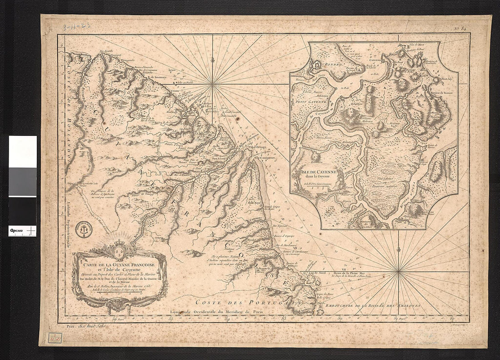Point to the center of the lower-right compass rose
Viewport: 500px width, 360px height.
(x=399, y=272)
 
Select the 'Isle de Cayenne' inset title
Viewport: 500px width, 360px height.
(x=319, y=173)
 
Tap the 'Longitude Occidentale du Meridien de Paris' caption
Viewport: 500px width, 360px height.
(x=217, y=312)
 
